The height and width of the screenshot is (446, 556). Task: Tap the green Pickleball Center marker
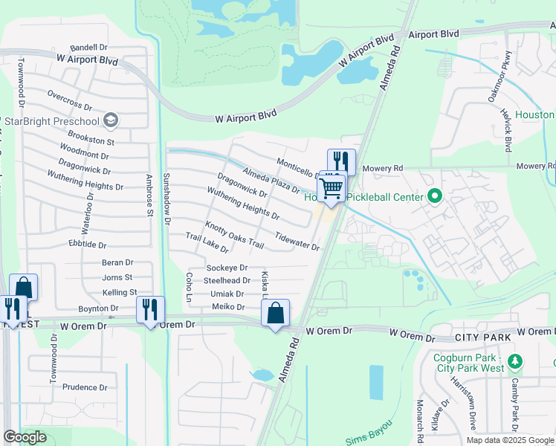[435, 197]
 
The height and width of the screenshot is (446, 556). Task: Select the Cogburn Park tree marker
[515, 362]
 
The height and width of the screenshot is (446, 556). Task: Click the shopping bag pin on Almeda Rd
[275, 312]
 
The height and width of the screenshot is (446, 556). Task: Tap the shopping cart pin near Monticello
[332, 187]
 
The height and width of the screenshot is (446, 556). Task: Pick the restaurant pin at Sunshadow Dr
[150, 309]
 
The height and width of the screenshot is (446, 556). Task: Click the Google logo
[25, 437]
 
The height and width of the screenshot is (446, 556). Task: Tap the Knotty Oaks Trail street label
[235, 234]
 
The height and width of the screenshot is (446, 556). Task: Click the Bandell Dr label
[89, 47]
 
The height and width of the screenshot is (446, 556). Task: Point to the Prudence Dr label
[85, 387]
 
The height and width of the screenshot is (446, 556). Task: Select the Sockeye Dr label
[227, 268]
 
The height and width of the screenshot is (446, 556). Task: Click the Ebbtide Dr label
[88, 245]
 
